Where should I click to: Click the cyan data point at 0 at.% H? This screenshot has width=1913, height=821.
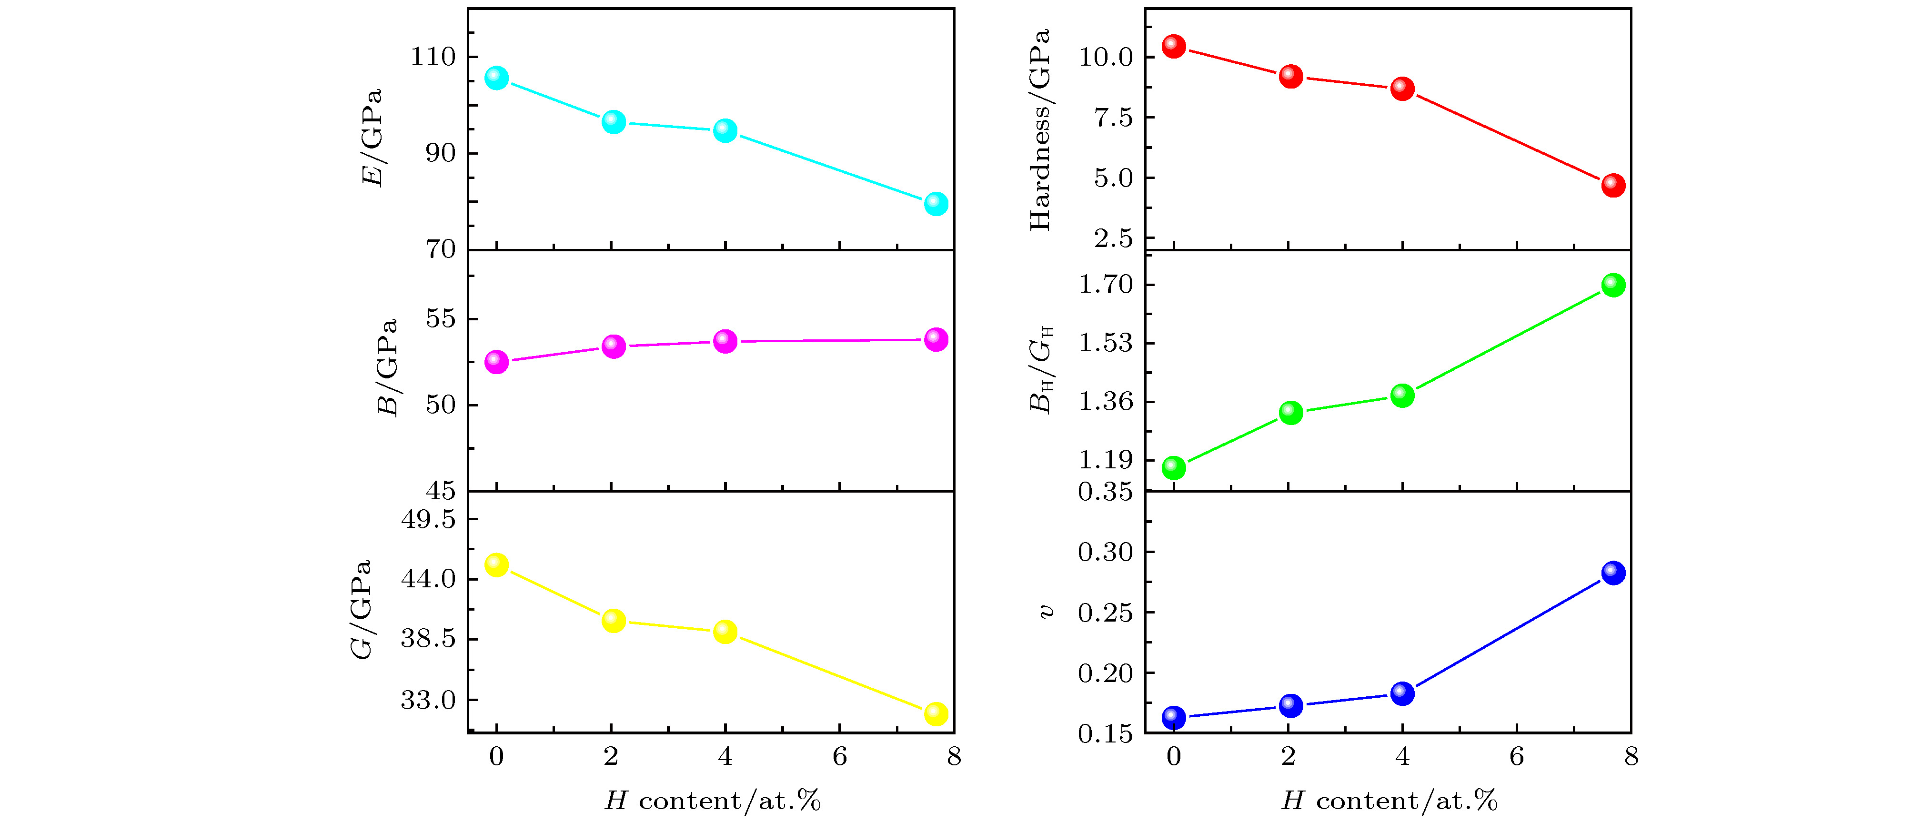[x=496, y=78]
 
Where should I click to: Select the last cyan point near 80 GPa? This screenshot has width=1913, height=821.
[x=936, y=203]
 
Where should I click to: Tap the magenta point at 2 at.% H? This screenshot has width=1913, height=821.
[x=614, y=346]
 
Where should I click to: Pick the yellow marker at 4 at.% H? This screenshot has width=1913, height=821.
[x=725, y=632]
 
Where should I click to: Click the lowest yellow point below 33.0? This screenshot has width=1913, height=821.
[x=936, y=713]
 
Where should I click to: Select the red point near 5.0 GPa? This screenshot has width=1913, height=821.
[x=1613, y=185]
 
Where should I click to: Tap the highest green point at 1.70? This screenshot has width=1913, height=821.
[x=1613, y=285]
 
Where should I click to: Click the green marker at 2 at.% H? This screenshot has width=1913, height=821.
[x=1291, y=413]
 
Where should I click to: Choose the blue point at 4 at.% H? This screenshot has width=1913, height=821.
[x=1402, y=693]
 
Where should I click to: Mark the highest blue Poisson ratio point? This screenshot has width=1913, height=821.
[x=1613, y=573]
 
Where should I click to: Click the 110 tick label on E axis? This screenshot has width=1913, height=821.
[x=433, y=57]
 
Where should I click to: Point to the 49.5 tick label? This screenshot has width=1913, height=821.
[x=429, y=519]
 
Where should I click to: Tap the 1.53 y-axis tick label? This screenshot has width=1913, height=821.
[x=1106, y=343]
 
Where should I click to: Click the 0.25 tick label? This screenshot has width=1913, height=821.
[x=1106, y=613]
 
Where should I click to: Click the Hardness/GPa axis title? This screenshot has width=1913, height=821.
[x=1040, y=130]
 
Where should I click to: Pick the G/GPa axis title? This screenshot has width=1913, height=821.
[x=361, y=609]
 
